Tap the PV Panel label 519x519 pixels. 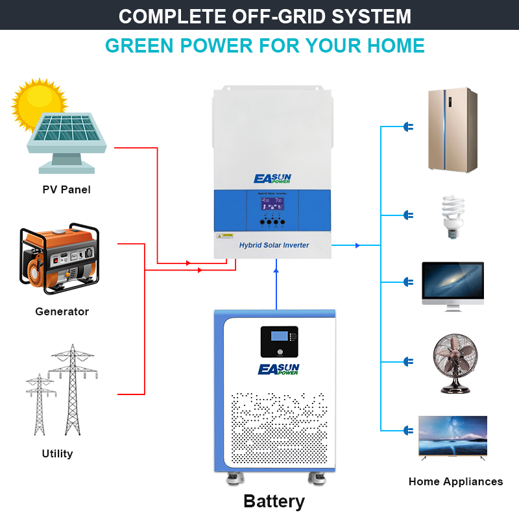click(x=66, y=190)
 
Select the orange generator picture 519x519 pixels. click(x=60, y=259)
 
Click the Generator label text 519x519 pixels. click(x=62, y=311)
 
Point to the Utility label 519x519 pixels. click(x=57, y=453)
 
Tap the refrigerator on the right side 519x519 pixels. click(x=452, y=130)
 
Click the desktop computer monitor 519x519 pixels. click(x=453, y=283)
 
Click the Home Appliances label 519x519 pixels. click(x=455, y=481)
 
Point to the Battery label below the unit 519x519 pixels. click(x=274, y=501)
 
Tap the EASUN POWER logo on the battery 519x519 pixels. click(x=279, y=369)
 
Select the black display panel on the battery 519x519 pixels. click(x=279, y=341)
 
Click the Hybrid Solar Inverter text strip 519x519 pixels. click(x=274, y=245)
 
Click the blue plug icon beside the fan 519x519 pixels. click(x=408, y=361)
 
